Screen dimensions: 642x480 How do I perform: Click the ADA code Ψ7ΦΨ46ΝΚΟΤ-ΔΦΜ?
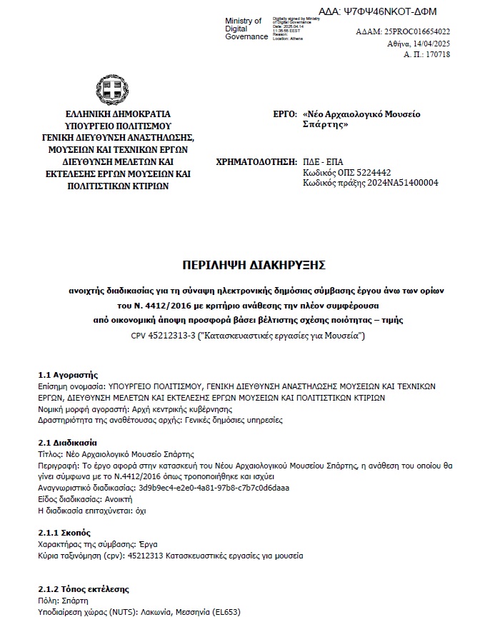[x=397, y=11]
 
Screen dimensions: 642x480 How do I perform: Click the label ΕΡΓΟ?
[x=284, y=114]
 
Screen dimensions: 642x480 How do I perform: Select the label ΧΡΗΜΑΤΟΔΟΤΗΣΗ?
[x=255, y=161]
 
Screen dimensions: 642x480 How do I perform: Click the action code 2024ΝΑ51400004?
[x=400, y=183]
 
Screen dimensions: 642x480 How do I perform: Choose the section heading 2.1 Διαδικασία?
[x=67, y=443]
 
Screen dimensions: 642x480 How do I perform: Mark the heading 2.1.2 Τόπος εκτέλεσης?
[x=83, y=590]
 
